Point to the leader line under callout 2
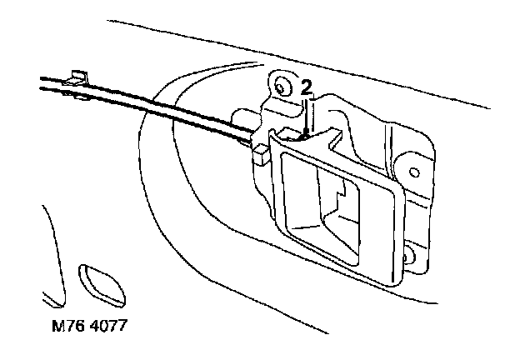click(307, 112)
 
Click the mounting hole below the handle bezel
click(409, 253)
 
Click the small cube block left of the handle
click(258, 151)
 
